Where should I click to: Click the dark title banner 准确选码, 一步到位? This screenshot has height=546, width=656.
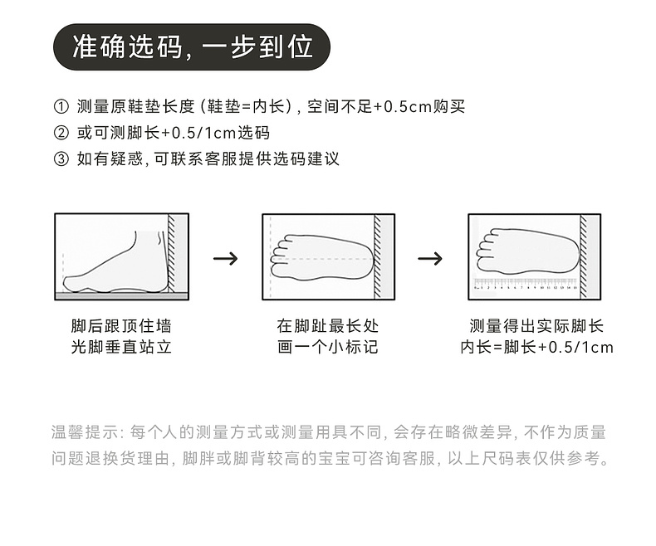point(192,47)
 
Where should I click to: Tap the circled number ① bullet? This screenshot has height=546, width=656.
point(61,107)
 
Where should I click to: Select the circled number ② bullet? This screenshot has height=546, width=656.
point(61,133)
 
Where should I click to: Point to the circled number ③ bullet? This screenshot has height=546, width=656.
point(61,158)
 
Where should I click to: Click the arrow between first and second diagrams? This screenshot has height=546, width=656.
point(225,258)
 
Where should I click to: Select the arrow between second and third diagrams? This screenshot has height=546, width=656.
point(429,258)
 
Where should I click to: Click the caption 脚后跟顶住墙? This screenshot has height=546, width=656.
point(121,326)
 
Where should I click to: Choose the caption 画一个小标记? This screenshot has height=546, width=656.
point(328,347)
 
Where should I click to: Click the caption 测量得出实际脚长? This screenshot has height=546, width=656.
point(536,326)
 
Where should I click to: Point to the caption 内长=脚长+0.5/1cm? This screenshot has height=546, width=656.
point(536,347)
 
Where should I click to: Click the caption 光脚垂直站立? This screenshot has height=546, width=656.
point(121,347)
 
